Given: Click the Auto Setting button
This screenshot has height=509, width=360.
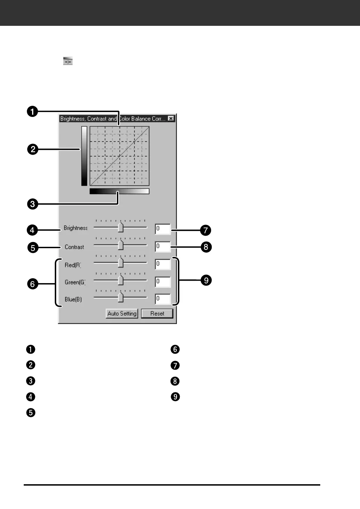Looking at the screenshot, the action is (x=122, y=313).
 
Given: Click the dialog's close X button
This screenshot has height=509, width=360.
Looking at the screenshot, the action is (x=171, y=119).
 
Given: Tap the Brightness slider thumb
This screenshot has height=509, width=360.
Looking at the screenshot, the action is (x=120, y=227).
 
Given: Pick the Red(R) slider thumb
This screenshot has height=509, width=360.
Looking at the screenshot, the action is (x=120, y=262).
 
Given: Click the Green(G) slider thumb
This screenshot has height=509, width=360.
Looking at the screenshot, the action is (x=120, y=280).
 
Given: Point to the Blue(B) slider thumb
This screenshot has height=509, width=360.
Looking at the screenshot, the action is (x=120, y=297).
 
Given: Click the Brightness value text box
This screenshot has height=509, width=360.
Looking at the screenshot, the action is (x=163, y=229).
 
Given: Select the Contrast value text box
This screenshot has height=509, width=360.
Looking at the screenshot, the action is (x=163, y=246).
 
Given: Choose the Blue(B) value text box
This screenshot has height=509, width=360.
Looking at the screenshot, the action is (x=163, y=299).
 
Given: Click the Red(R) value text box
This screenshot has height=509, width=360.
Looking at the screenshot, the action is (x=163, y=264).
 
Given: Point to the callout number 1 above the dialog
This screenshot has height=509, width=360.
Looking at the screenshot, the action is (x=32, y=112).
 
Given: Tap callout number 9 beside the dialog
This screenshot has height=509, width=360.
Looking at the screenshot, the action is (x=206, y=280).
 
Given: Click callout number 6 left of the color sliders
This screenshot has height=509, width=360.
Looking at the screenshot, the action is (x=32, y=284).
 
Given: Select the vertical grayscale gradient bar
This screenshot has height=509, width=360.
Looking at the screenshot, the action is (x=84, y=156).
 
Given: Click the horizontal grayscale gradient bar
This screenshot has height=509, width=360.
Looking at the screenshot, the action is (x=119, y=191).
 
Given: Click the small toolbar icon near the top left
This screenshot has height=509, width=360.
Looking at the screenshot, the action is (x=68, y=61).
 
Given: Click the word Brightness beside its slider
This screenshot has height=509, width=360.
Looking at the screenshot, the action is (x=75, y=228).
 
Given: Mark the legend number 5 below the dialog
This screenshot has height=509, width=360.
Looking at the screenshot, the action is (x=31, y=413).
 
